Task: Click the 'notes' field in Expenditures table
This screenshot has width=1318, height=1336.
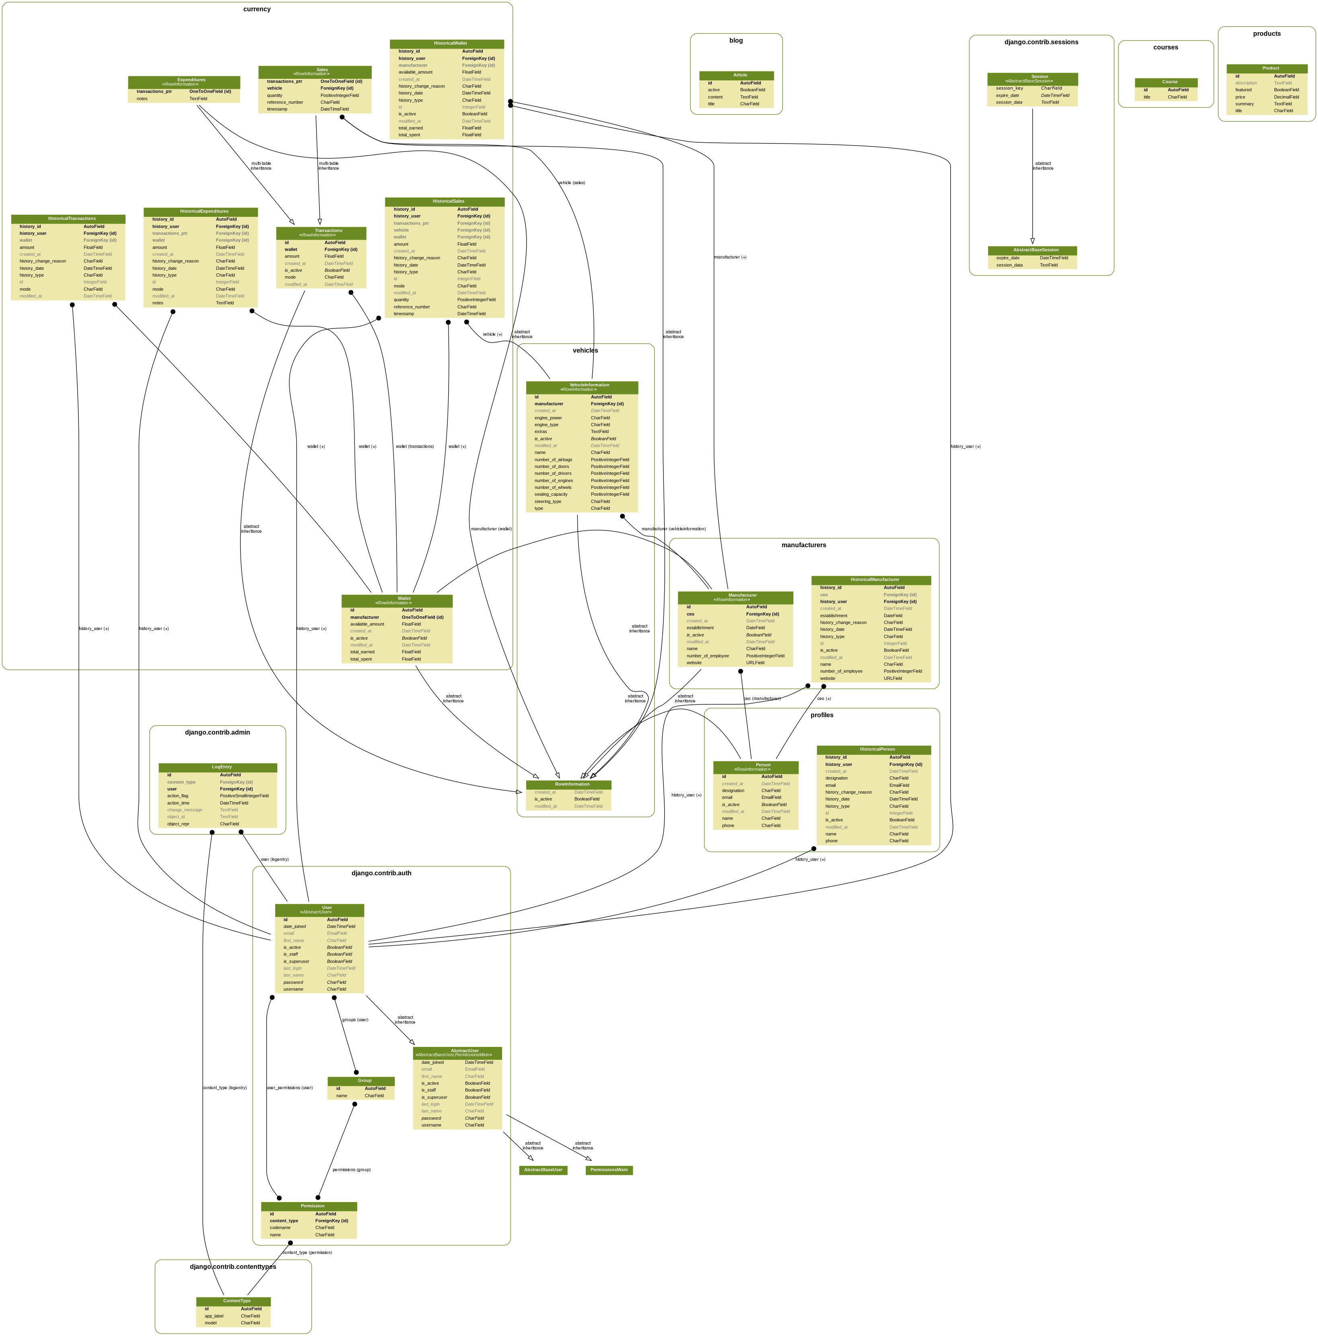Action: (x=142, y=99)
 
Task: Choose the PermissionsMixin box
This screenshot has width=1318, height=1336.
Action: (x=609, y=1170)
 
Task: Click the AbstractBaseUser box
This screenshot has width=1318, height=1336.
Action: (x=543, y=1170)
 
